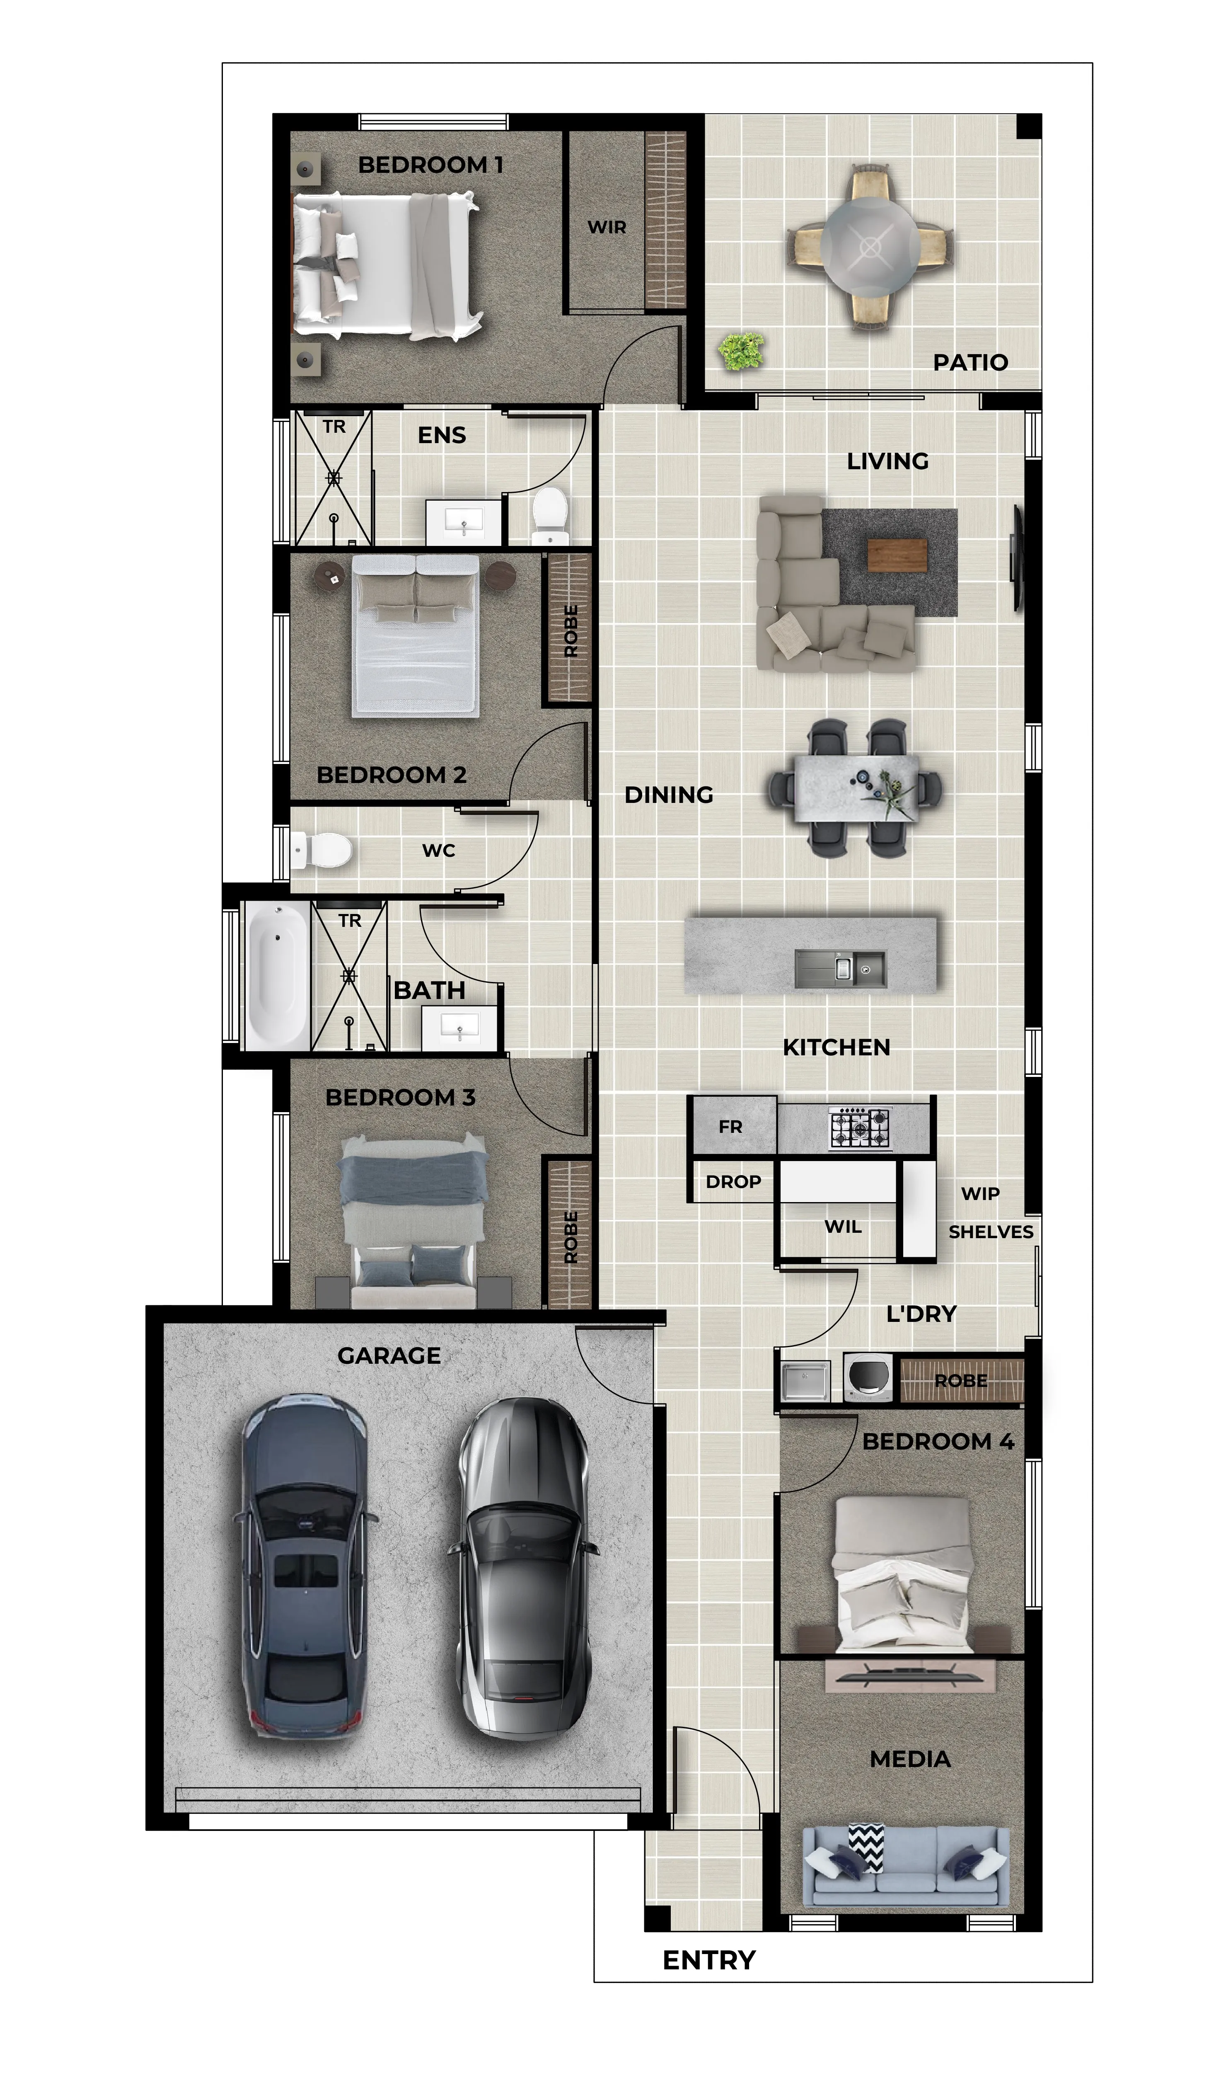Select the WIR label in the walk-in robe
pyautogui.click(x=607, y=227)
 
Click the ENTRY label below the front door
pyautogui.click(x=709, y=1960)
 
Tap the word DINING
pyautogui.click(x=669, y=795)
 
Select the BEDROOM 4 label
pyautogui.click(x=938, y=1441)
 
